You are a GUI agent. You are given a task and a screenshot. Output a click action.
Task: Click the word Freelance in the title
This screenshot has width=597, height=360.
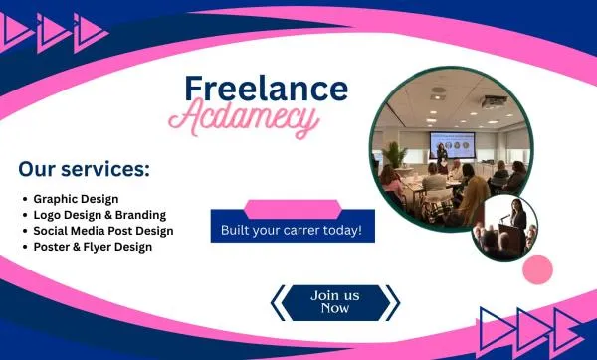pos(266,89)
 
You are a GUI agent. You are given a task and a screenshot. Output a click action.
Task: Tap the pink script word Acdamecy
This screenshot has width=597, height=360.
pos(244,117)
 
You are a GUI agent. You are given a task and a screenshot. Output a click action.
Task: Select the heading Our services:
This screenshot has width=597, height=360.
pos(85,169)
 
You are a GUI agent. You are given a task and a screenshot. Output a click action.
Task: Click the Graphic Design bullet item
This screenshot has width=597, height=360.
pos(76,199)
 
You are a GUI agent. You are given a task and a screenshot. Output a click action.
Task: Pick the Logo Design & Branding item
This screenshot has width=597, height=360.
pos(99,215)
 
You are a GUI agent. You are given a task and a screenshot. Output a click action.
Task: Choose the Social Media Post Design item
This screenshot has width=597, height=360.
pos(103,231)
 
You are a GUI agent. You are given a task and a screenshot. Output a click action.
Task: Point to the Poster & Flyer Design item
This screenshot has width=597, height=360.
pos(93,247)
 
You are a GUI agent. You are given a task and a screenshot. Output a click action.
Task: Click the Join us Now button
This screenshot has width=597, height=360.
pos(335,302)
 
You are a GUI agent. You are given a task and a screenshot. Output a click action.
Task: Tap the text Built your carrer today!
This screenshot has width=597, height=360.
pos(292,231)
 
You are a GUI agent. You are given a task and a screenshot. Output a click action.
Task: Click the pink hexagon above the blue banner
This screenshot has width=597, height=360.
pos(293,209)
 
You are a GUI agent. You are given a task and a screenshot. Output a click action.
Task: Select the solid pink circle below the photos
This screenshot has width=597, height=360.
pos(537,270)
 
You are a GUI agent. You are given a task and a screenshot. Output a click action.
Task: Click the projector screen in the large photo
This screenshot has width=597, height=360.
pos(452,144)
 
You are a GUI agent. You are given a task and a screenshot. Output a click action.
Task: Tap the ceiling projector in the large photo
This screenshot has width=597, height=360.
pos(494,101)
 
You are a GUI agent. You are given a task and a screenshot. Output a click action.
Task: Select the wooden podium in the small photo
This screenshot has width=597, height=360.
pos(509,238)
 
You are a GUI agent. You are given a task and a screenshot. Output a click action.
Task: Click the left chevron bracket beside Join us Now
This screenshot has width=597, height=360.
pos(278,303)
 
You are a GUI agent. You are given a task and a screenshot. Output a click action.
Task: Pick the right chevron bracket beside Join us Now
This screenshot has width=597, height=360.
pos(393,303)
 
